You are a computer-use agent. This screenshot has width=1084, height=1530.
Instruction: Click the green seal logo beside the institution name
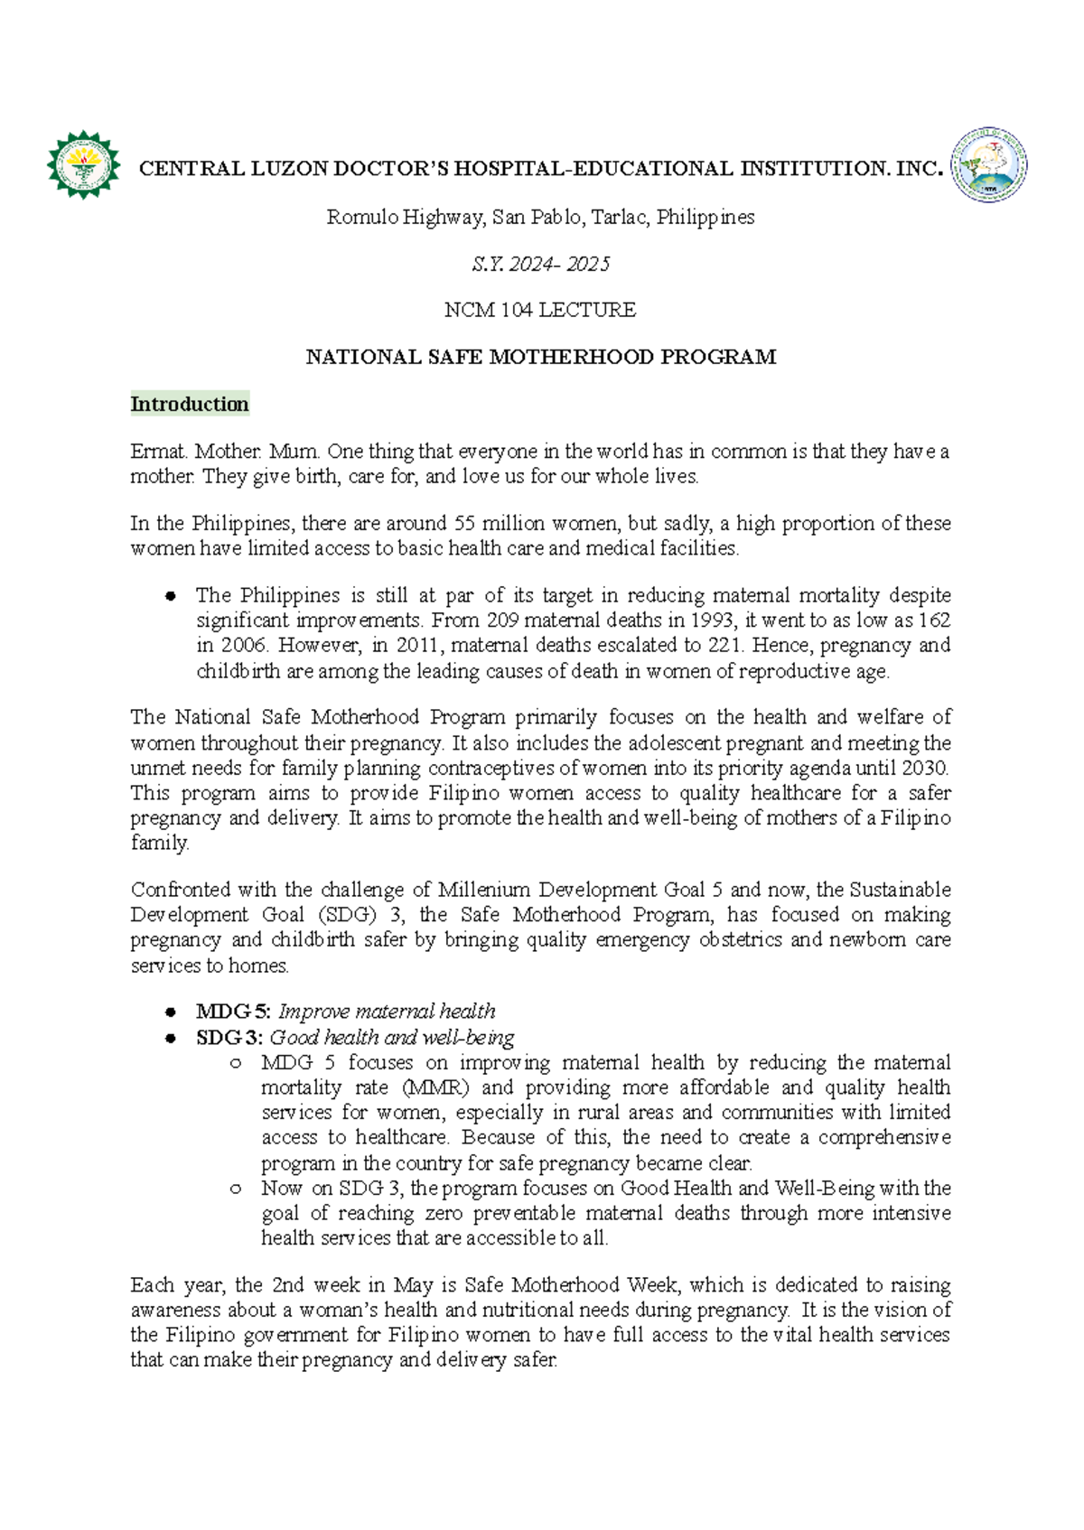(x=83, y=165)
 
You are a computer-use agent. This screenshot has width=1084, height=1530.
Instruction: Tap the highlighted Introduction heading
(x=189, y=404)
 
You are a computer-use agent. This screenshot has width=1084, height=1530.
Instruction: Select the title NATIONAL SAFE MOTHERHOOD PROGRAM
(x=540, y=357)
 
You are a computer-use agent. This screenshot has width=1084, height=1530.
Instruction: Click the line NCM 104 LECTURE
(x=540, y=310)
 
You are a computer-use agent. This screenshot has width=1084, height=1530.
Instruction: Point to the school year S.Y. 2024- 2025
(x=540, y=264)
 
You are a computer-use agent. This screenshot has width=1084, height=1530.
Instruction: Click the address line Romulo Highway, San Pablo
(x=540, y=217)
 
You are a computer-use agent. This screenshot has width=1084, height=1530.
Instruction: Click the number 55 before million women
(x=464, y=523)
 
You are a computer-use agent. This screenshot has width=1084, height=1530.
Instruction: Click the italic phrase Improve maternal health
(x=387, y=1012)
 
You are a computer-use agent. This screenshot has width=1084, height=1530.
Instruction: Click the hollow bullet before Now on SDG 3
(x=236, y=1189)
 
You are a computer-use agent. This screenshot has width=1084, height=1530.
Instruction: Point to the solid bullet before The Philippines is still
(x=170, y=596)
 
